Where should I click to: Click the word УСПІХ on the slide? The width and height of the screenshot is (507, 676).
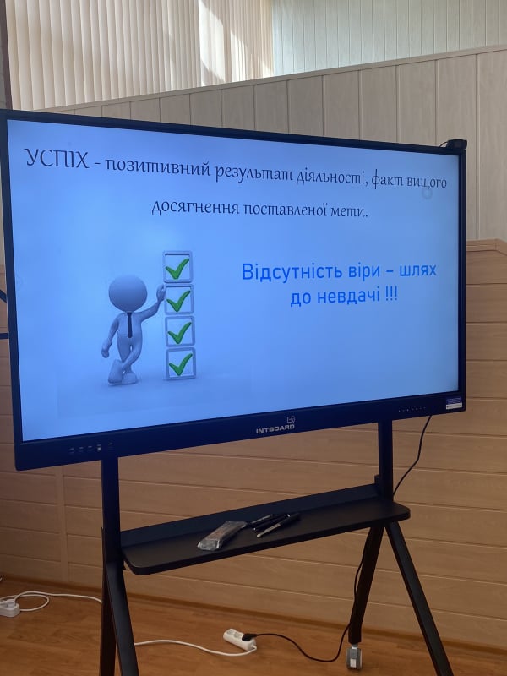(x=57, y=158)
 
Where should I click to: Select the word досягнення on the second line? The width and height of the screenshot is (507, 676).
(x=195, y=207)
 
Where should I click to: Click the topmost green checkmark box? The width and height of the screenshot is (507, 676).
(x=177, y=267)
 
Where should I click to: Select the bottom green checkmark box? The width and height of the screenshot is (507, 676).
(x=181, y=364)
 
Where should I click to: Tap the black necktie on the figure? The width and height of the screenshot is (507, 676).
(x=129, y=325)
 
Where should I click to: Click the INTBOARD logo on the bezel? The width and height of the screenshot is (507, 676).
(x=276, y=427)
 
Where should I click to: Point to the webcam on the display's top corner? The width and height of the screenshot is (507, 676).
(x=456, y=144)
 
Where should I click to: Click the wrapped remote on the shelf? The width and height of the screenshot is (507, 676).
(x=221, y=535)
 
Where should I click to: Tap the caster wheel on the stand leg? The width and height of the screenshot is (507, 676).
(x=353, y=657)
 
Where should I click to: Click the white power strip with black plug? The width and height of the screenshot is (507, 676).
(x=240, y=640)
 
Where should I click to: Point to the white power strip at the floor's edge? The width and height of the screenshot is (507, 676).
(x=9, y=606)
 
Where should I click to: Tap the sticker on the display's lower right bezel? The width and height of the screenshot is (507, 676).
(x=454, y=403)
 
